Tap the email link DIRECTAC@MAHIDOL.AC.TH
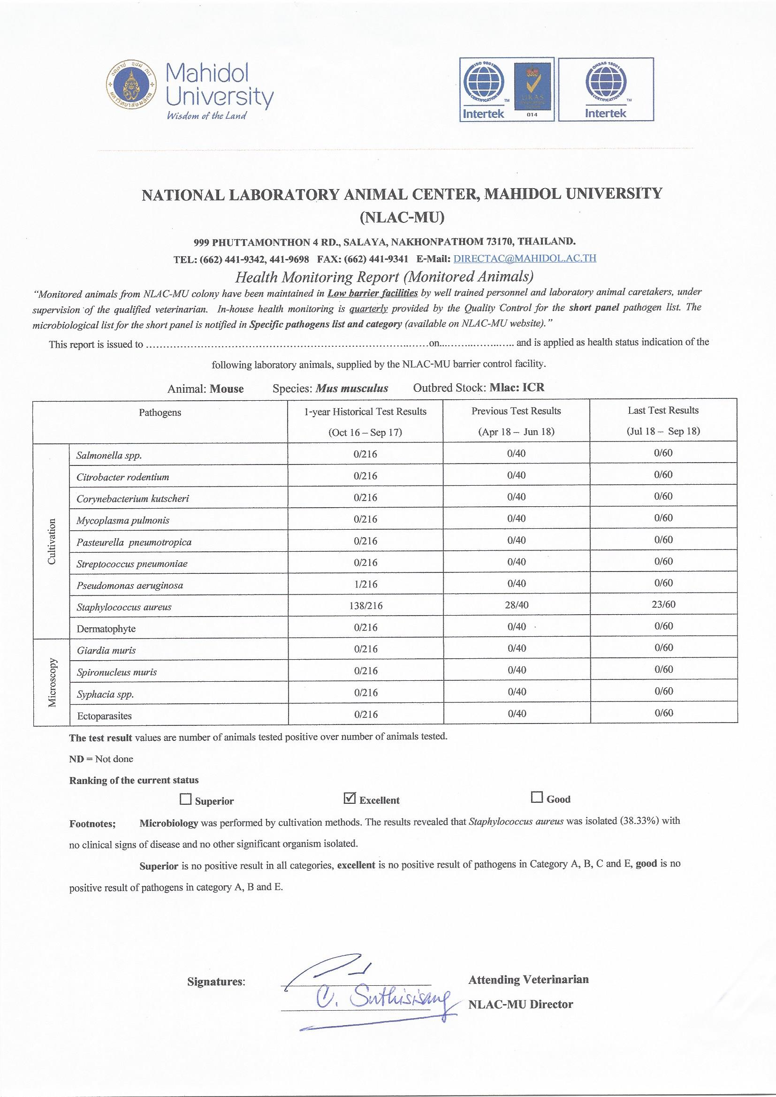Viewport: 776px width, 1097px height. point(524,259)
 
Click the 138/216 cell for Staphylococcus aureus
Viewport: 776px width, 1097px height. point(365,606)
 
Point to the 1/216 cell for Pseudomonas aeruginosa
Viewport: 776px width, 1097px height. point(365,584)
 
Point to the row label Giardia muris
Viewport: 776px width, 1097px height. point(106,650)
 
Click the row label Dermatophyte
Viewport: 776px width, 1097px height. point(106,629)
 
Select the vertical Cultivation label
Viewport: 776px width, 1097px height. point(52,541)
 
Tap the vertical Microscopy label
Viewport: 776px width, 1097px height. point(52,682)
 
